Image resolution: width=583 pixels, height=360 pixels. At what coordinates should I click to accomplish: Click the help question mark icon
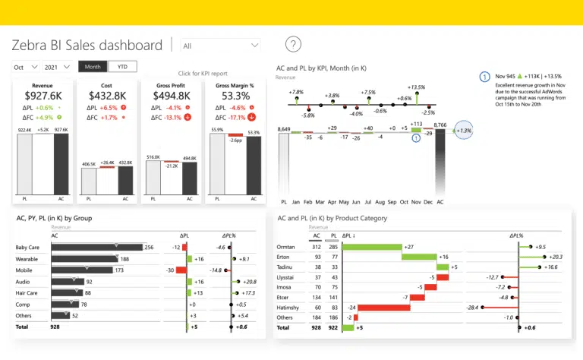(293, 45)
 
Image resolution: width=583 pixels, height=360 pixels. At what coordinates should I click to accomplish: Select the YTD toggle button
(122, 66)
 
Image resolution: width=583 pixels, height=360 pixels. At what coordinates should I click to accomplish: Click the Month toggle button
(93, 66)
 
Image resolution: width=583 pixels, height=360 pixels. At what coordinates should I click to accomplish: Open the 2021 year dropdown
(58, 67)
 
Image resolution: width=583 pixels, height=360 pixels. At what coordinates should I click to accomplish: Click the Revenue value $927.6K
(43, 96)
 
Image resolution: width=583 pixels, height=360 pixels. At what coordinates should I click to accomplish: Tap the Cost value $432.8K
(107, 96)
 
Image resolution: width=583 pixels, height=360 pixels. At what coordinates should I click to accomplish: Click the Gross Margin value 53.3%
(236, 96)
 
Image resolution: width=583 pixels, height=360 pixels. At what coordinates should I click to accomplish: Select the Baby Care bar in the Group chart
(96, 247)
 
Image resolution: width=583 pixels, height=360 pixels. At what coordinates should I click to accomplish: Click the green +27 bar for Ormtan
(372, 247)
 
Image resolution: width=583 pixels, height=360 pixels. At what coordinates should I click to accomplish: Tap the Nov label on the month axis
(416, 202)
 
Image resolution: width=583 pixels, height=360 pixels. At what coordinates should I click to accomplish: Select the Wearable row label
(27, 258)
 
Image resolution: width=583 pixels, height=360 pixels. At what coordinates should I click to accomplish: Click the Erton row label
(285, 257)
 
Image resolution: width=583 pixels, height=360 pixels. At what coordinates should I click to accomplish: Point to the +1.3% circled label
(463, 131)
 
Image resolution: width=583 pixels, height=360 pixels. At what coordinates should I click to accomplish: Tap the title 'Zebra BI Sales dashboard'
(87, 46)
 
